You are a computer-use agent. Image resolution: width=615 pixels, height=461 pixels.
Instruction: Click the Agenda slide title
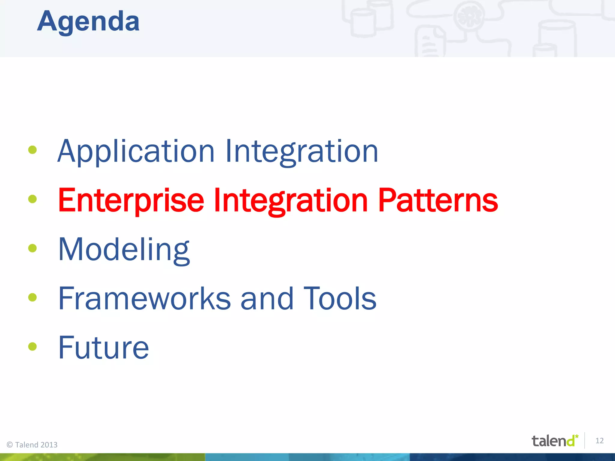click(x=88, y=22)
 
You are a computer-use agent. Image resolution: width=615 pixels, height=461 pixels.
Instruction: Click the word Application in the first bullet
click(x=136, y=152)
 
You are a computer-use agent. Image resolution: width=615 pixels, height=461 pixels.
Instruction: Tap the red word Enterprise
click(x=131, y=200)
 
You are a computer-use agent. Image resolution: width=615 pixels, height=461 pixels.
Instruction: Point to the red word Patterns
click(x=438, y=200)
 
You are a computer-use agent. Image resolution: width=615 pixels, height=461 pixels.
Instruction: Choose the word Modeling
click(x=124, y=250)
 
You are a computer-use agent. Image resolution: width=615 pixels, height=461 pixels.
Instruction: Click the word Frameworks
click(x=144, y=298)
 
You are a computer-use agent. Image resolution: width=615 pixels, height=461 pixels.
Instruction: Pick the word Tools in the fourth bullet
click(x=340, y=298)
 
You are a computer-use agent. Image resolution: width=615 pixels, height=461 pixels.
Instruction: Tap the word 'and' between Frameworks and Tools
click(x=267, y=298)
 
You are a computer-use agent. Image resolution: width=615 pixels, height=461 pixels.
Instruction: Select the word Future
click(x=103, y=348)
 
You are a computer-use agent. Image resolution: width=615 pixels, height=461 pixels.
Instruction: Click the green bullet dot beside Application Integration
click(x=32, y=150)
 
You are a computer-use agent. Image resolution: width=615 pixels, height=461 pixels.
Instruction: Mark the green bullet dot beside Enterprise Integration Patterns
click(x=32, y=199)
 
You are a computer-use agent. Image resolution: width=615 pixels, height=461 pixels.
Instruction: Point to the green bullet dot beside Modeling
click(x=32, y=248)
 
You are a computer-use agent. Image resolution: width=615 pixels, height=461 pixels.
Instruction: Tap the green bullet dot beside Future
click(x=32, y=346)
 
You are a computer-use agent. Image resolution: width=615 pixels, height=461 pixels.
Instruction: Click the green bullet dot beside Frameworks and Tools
click(x=32, y=297)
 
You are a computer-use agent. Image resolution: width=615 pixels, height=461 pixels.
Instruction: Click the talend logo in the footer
click(x=554, y=441)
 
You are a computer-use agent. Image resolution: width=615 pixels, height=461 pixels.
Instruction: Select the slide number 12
click(x=599, y=441)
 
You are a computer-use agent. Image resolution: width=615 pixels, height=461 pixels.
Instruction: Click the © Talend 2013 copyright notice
click(x=32, y=444)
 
